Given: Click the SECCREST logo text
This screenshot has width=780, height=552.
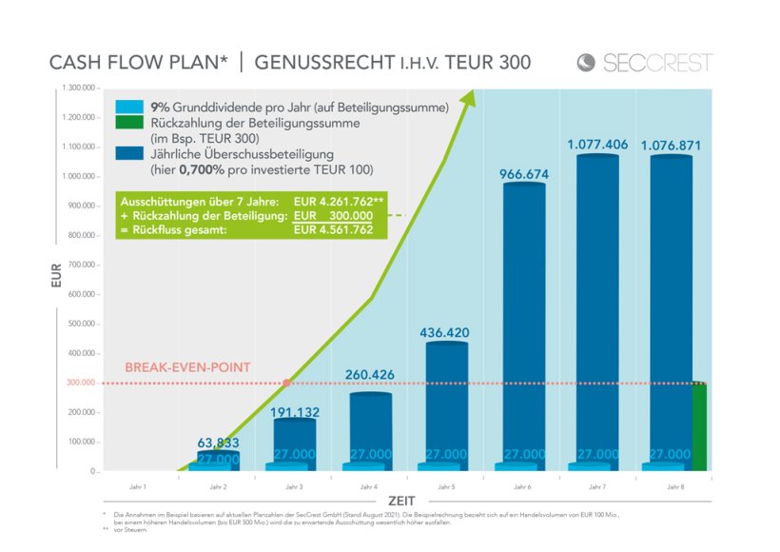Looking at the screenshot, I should (657, 63).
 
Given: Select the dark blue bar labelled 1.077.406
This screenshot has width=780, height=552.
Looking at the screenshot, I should (597, 305).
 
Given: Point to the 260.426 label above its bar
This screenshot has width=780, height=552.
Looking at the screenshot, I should (370, 375).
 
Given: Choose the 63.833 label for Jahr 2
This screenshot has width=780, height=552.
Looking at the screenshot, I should (218, 443).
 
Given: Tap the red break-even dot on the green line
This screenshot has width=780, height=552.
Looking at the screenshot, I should (287, 383).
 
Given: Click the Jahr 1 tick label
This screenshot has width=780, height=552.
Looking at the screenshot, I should (138, 486).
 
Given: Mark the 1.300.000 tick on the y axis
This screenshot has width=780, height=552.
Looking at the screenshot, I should (78, 88).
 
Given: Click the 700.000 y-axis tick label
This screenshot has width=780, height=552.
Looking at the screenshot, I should (78, 265).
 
